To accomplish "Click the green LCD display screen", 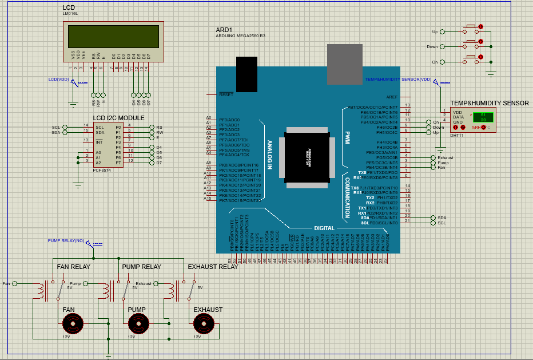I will (113, 37).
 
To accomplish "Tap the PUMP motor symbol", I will (138, 325).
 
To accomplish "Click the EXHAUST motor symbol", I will (204, 325).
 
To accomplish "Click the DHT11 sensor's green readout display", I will (483, 117).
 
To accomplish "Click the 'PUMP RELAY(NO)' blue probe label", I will (66, 241).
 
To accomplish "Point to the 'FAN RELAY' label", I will (74, 267).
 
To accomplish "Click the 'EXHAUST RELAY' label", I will (213, 267).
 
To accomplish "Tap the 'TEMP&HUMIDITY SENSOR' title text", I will (489, 103).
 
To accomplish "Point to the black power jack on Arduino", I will (247, 74).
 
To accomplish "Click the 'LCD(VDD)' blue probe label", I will (58, 79).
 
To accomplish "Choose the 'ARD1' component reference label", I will (224, 29).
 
